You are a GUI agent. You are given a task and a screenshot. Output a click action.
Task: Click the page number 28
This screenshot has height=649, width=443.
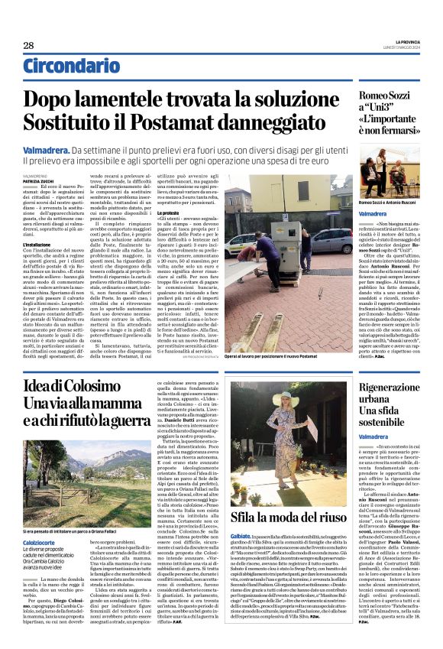tap(27, 45)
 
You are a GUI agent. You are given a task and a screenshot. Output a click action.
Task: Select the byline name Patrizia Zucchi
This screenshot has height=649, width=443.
tap(38, 180)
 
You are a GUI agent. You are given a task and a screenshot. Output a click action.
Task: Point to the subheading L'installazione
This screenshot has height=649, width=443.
tap(37, 245)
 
